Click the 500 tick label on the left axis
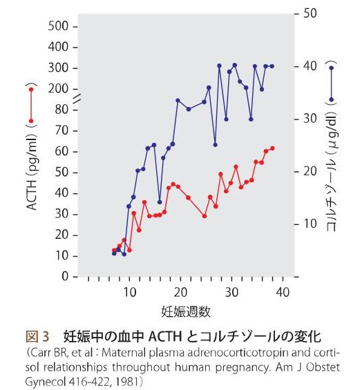click(x=60, y=26)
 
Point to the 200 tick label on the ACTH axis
click(x=60, y=88)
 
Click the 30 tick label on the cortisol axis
click(x=309, y=119)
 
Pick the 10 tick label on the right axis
click(x=309, y=224)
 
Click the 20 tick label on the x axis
click(x=180, y=293)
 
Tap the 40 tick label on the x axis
click(x=282, y=293)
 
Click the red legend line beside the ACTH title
click(x=31, y=105)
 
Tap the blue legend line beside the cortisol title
click(x=332, y=84)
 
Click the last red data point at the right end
click(x=273, y=148)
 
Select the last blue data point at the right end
click(x=272, y=66)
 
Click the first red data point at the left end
click(x=114, y=251)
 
